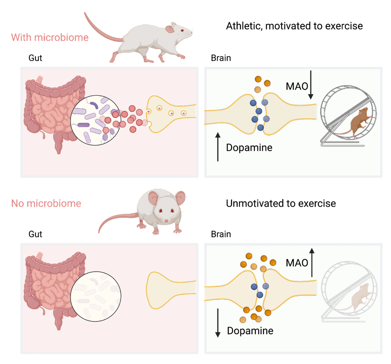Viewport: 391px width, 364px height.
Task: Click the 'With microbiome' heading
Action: coord(50,38)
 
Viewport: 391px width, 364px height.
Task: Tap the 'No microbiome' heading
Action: coord(46,204)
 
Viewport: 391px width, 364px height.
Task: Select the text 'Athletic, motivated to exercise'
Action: coord(294,26)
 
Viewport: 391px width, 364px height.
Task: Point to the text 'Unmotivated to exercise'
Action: coord(281,204)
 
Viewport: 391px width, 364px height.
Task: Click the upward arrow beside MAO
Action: coord(312,262)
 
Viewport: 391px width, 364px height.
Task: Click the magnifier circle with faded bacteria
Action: coord(95,295)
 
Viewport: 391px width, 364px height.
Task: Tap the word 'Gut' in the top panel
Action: coord(35,58)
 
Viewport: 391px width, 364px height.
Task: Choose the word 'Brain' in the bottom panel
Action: coord(221,235)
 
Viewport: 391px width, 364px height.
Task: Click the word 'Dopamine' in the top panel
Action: coord(249,148)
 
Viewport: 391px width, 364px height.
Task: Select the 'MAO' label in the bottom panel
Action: coord(297,263)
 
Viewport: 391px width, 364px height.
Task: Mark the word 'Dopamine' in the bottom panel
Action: coord(250,331)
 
